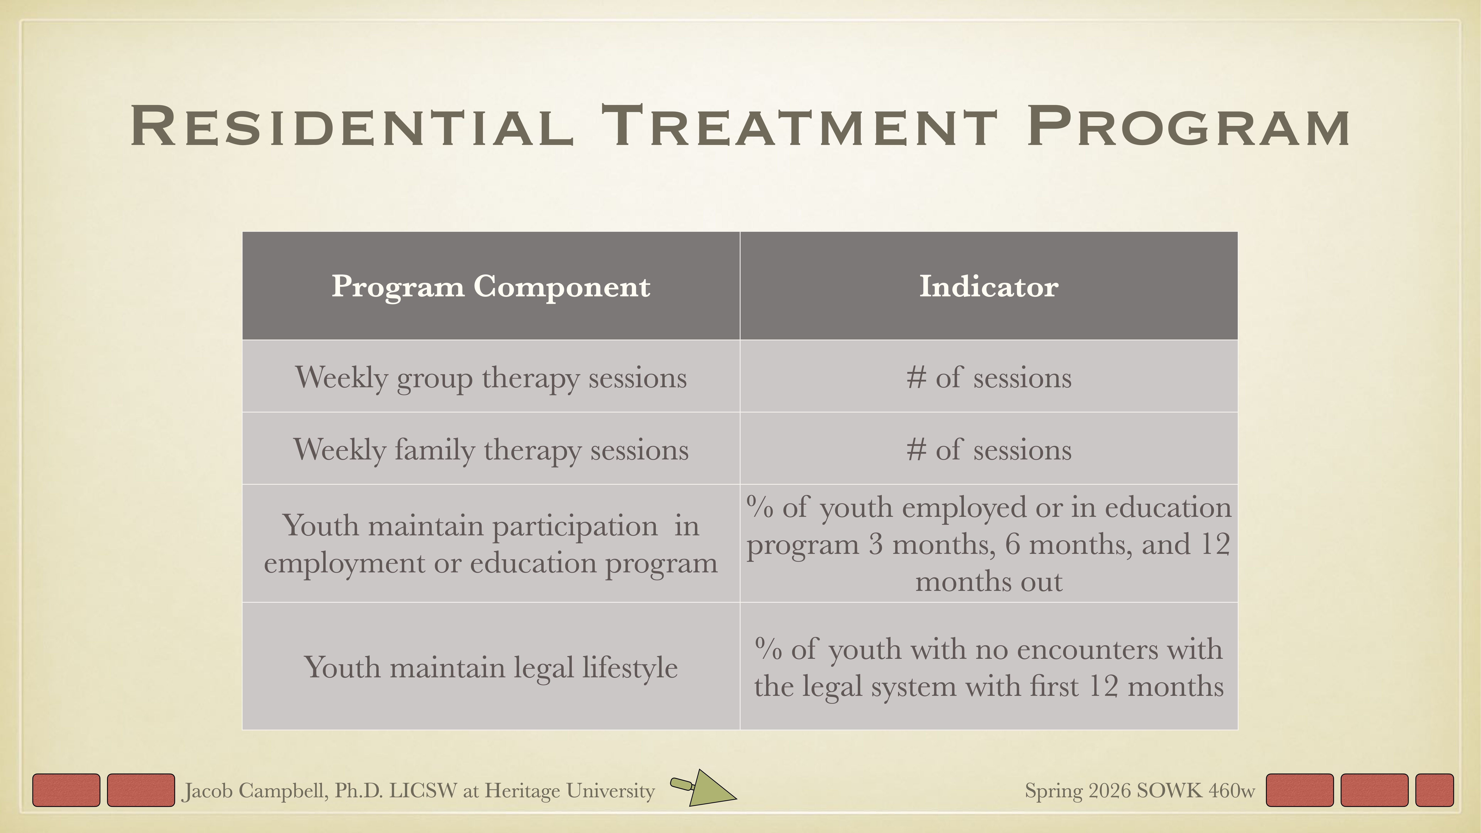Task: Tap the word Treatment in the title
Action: click(799, 126)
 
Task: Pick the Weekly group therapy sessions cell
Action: click(490, 378)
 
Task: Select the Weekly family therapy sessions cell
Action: click(490, 450)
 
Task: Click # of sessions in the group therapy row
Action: click(988, 378)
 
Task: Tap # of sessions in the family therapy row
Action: click(988, 450)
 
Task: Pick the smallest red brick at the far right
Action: click(1434, 790)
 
